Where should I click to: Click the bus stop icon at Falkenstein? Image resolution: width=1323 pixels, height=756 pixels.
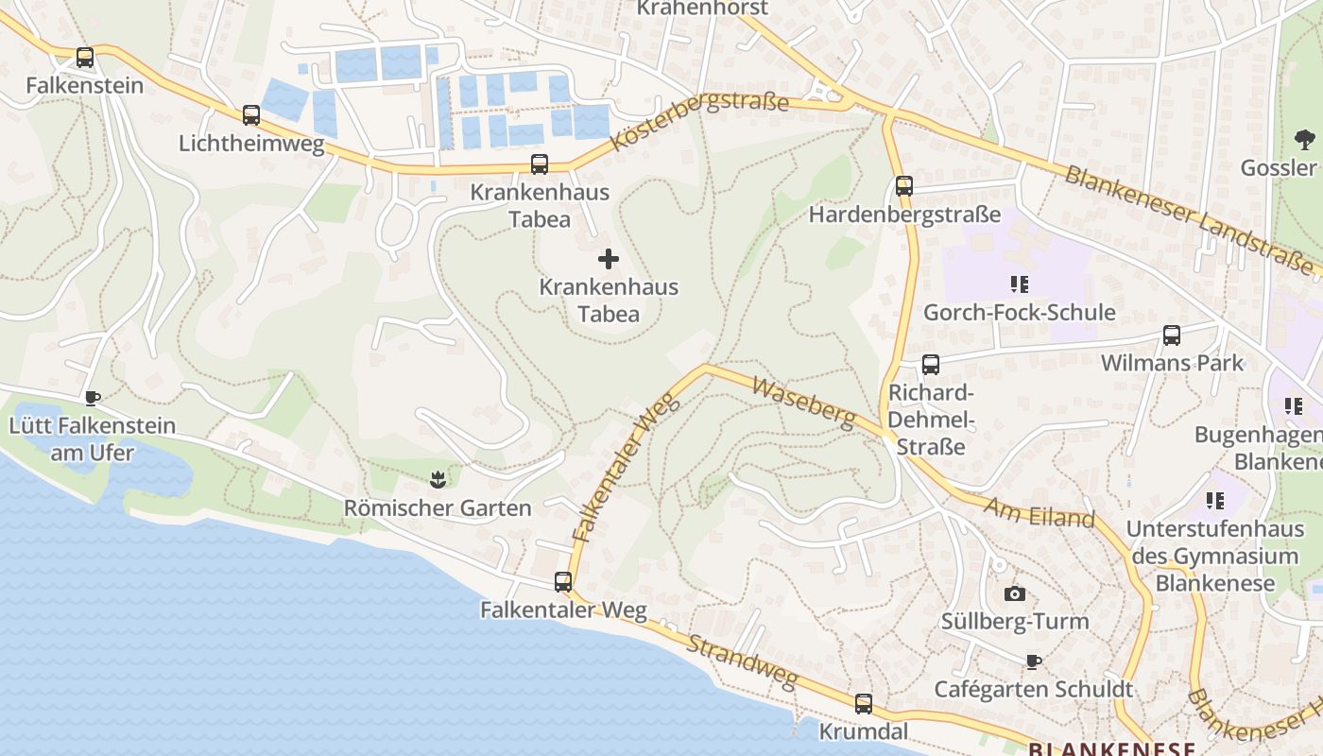pyautogui.click(x=85, y=58)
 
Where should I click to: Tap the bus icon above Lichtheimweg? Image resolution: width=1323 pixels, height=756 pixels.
pyautogui.click(x=250, y=115)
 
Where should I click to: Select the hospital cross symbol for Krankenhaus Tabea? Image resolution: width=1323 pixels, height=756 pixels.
pyautogui.click(x=609, y=258)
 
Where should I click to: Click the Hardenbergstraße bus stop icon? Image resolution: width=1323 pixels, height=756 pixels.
pyautogui.click(x=904, y=186)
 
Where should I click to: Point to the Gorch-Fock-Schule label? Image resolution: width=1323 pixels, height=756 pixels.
pyautogui.click(x=1019, y=313)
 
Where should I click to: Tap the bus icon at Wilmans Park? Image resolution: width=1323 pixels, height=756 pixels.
pyautogui.click(x=1172, y=335)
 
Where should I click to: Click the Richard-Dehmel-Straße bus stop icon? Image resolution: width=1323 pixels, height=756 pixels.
pyautogui.click(x=931, y=364)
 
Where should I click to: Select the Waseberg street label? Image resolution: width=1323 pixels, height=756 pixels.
pyautogui.click(x=803, y=402)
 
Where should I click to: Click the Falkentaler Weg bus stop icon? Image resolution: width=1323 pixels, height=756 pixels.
pyautogui.click(x=563, y=582)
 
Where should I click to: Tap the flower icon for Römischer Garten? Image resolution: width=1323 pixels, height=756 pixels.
pyautogui.click(x=437, y=480)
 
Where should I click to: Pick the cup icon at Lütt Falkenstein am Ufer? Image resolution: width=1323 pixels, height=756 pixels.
pyautogui.click(x=92, y=398)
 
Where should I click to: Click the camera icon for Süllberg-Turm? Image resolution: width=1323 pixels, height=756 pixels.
pyautogui.click(x=1014, y=593)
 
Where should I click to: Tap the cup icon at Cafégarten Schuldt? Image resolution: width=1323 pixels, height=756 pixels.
pyautogui.click(x=1033, y=661)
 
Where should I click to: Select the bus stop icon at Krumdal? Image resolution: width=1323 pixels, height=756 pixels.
pyautogui.click(x=864, y=704)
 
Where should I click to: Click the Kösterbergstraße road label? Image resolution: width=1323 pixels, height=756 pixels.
pyautogui.click(x=699, y=121)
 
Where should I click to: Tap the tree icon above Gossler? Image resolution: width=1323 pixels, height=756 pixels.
pyautogui.click(x=1305, y=141)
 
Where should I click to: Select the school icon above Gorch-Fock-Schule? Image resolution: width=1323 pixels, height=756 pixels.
pyautogui.click(x=1019, y=283)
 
